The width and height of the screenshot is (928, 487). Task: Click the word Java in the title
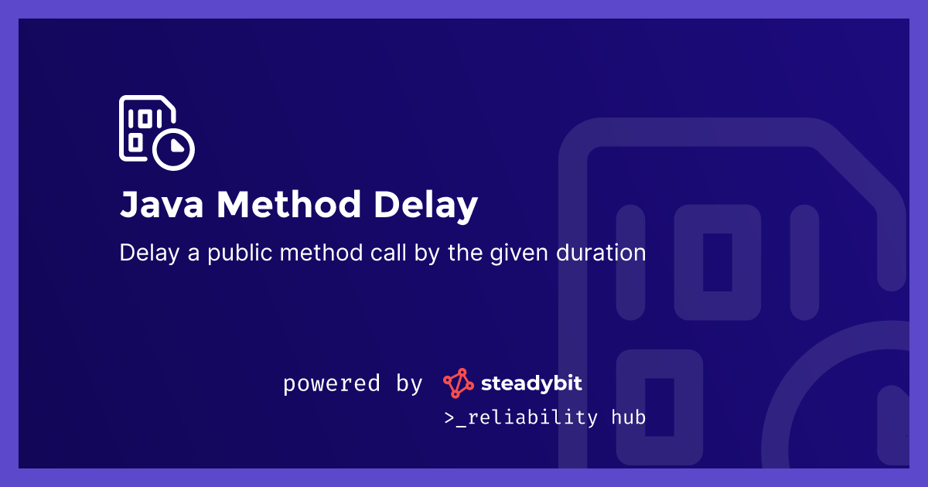pos(161,206)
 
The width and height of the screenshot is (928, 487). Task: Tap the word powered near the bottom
pos(331,384)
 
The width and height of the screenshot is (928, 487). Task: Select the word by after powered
pos(409,384)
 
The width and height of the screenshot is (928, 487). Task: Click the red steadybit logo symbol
pos(458,383)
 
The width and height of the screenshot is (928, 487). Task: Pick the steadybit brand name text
pos(531,383)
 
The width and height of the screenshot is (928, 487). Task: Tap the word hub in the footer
pos(628,417)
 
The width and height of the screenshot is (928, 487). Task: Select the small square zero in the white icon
pos(135,143)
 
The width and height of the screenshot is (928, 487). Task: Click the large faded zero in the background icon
pos(717,262)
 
